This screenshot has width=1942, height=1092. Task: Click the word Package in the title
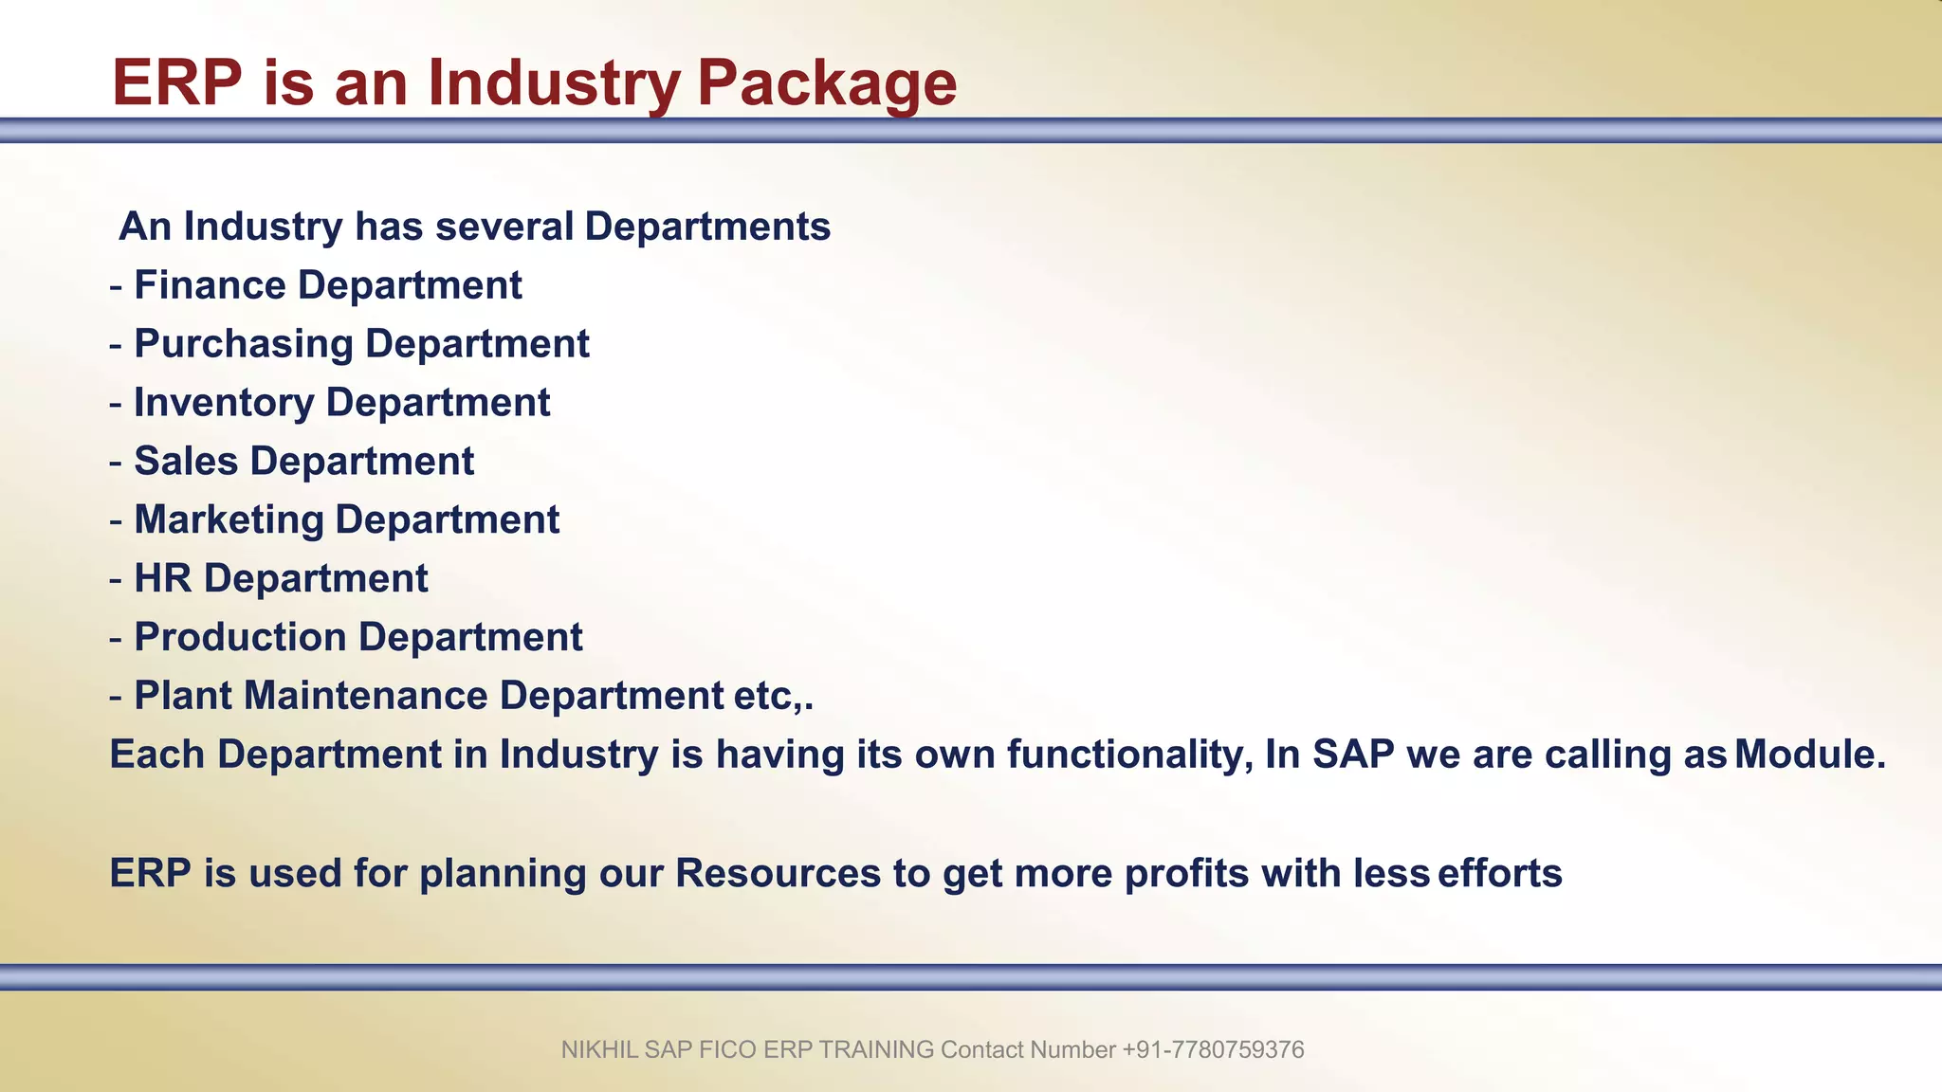tap(826, 83)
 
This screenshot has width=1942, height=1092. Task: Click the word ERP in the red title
tap(177, 82)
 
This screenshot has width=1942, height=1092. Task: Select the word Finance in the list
tap(210, 285)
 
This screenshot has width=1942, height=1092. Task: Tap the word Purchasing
tap(244, 344)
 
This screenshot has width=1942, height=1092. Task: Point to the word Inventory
tap(224, 403)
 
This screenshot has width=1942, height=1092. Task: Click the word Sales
tap(186, 462)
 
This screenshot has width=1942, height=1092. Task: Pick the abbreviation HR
tap(162, 579)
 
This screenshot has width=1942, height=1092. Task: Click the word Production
tap(240, 637)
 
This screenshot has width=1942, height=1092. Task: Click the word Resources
tap(778, 873)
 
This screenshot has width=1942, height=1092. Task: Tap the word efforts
tap(1499, 873)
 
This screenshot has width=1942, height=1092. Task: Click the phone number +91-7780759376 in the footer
tap(1213, 1050)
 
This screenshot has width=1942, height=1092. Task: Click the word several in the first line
tap(504, 227)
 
